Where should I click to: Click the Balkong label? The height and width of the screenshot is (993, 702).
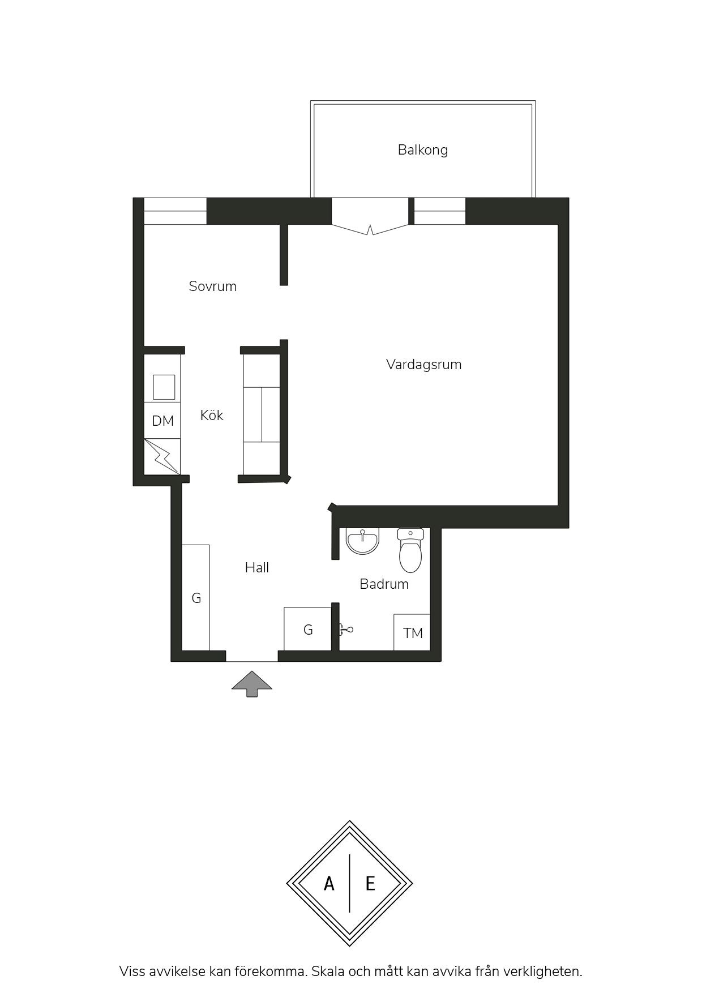(422, 150)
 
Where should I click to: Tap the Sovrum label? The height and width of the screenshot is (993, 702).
(212, 286)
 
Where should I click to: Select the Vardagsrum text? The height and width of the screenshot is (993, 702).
(423, 365)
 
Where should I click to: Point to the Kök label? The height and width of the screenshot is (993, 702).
(211, 415)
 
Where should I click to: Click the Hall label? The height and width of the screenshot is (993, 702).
(256, 567)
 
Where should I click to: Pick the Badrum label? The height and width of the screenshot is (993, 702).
(384, 584)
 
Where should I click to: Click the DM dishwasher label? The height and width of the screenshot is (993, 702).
(162, 421)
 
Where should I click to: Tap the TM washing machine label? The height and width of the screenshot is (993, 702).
(413, 633)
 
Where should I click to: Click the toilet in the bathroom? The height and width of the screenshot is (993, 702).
(410, 550)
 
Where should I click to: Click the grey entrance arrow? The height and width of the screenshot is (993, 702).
(252, 683)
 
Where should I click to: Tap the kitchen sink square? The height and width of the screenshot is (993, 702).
(164, 387)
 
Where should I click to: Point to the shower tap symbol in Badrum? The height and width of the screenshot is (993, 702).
(346, 629)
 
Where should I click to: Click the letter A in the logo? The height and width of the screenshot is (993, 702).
(329, 883)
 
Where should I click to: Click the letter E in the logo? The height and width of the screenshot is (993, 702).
(370, 883)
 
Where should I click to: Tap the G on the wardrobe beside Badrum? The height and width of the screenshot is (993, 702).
(308, 630)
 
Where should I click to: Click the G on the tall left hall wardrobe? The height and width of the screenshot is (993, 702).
(196, 598)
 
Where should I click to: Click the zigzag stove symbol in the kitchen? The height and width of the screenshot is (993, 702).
(162, 456)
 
